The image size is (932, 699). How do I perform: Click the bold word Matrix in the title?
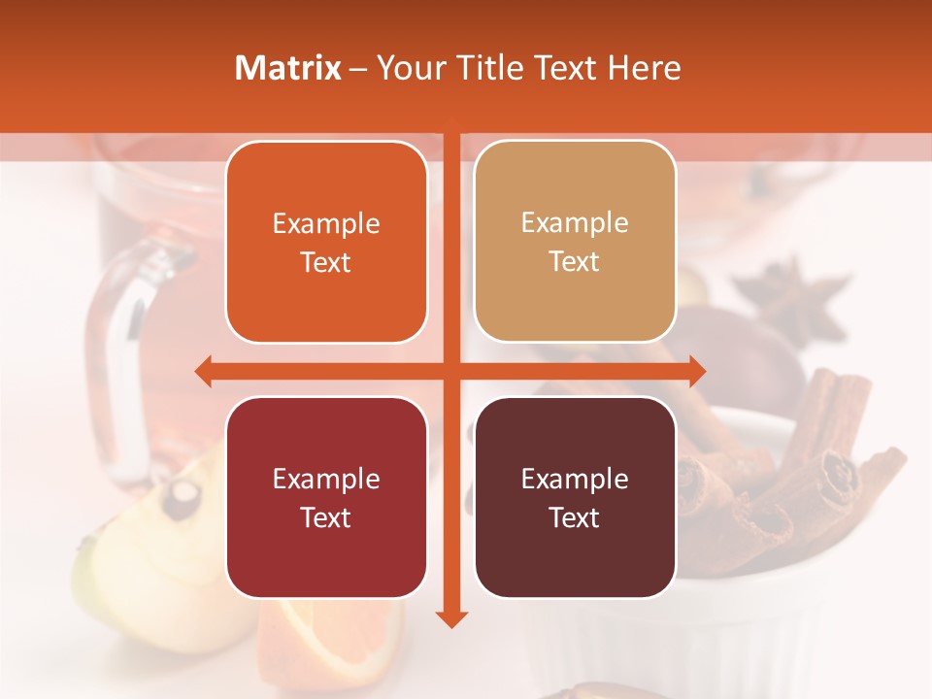pyautogui.click(x=288, y=68)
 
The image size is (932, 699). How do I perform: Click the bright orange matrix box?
pyautogui.click(x=326, y=243)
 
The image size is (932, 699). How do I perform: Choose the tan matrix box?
pyautogui.click(x=575, y=242)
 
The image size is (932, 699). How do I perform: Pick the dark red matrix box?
pyautogui.click(x=326, y=497)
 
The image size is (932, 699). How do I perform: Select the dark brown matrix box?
pyautogui.click(x=575, y=497)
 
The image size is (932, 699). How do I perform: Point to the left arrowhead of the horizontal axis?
pyautogui.click(x=203, y=371)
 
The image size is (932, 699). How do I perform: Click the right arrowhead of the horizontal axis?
pyautogui.click(x=697, y=371)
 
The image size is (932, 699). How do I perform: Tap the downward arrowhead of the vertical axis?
pyautogui.click(x=451, y=618)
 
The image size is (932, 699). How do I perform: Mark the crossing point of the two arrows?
pyautogui.click(x=451, y=371)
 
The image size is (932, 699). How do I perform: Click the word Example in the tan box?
pyautogui.click(x=575, y=222)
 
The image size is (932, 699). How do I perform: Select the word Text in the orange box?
pyautogui.click(x=326, y=262)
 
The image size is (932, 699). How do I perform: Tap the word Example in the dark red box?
pyautogui.click(x=326, y=479)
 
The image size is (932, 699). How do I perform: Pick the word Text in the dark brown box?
pyautogui.click(x=575, y=517)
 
